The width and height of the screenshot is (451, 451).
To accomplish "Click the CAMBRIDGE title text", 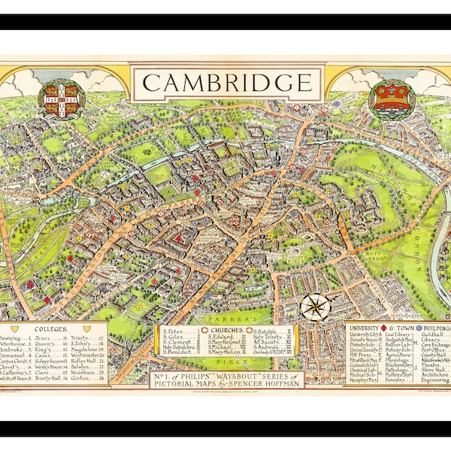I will click(225, 81).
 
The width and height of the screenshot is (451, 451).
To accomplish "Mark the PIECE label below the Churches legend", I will click(226, 361).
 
